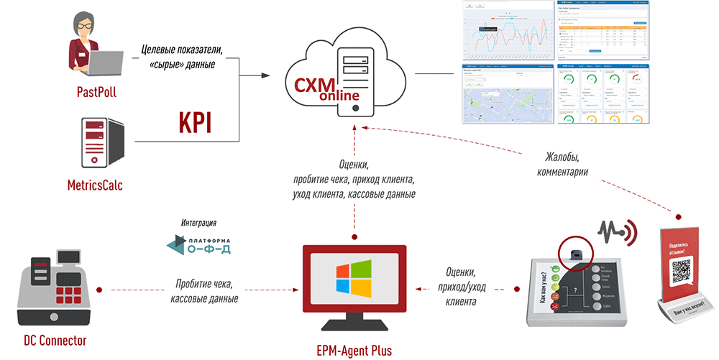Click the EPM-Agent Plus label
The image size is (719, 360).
click(x=354, y=349)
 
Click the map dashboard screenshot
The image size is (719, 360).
click(x=505, y=95)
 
